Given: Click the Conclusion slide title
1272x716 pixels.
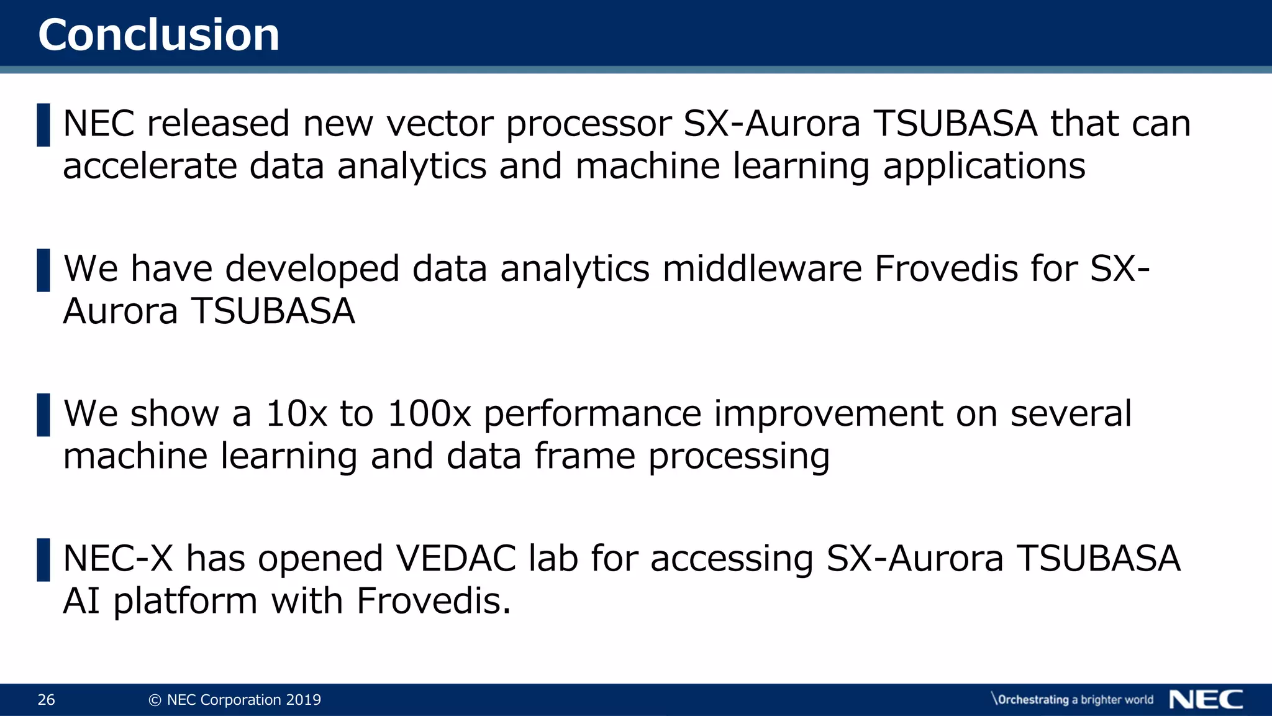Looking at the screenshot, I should click(158, 35).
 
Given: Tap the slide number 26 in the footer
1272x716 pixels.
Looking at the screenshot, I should click(47, 700).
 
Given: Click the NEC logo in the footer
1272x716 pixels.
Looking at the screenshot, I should click(1206, 700).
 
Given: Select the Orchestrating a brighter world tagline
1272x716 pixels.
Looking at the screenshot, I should click(1073, 700).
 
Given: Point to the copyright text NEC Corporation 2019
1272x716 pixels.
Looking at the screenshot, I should click(235, 700).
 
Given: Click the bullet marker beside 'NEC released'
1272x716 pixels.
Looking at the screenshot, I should click(43, 125).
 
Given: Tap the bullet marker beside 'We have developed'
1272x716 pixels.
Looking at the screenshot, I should click(43, 270).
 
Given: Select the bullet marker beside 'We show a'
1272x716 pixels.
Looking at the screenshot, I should click(43, 415).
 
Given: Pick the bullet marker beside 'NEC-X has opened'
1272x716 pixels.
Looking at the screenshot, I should click(43, 559).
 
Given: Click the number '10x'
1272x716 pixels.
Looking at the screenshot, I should click(296, 414).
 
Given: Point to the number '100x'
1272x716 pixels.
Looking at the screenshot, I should click(429, 414).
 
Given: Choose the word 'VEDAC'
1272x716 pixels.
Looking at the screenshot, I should click(457, 558).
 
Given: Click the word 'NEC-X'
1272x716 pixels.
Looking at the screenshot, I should click(118, 558).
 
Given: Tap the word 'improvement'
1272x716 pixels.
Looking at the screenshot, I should click(828, 414).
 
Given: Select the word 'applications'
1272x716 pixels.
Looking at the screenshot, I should click(984, 168).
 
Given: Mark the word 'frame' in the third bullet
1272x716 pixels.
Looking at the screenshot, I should click(585, 456).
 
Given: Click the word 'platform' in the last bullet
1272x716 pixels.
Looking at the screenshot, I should click(185, 602).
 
